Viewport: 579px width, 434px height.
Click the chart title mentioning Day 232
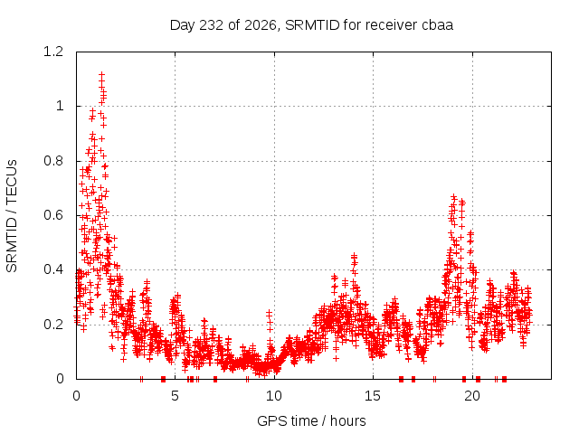(x=311, y=25)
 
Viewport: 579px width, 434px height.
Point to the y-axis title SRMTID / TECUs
(x=12, y=216)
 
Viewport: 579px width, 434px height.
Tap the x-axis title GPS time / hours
(x=311, y=420)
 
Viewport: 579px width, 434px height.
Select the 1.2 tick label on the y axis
(x=53, y=52)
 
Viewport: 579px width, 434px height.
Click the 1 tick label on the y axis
(x=60, y=107)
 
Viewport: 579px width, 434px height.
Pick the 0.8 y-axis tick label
(x=53, y=161)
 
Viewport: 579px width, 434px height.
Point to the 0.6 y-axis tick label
(x=53, y=215)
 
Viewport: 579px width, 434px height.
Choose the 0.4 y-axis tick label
(x=53, y=269)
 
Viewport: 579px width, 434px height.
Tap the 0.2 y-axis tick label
(x=53, y=325)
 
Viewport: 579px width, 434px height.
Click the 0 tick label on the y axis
(x=60, y=379)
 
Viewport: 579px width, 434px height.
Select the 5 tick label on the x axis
(x=175, y=396)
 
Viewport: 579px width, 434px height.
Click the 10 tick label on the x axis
(x=274, y=396)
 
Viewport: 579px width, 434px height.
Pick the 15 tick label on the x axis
(x=373, y=396)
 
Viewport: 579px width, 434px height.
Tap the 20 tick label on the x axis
(x=472, y=396)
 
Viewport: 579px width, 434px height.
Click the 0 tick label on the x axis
(x=76, y=396)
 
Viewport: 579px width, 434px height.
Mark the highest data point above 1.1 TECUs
(x=101, y=75)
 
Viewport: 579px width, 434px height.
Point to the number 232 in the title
(x=211, y=25)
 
